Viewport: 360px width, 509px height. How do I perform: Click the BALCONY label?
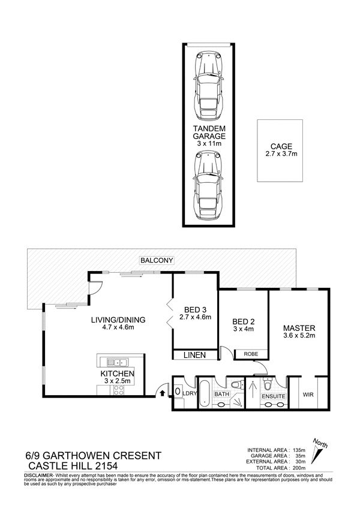tap(157, 260)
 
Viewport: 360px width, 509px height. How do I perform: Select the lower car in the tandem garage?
tap(208, 186)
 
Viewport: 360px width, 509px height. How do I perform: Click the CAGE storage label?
tap(281, 146)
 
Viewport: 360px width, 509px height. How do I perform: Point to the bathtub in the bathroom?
tap(205, 393)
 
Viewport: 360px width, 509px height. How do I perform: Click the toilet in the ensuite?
tap(268, 384)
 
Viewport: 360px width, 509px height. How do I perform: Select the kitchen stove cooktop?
tap(119, 390)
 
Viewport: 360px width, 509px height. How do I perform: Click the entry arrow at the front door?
tap(161, 393)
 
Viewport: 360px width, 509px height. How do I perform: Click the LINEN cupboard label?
tap(194, 355)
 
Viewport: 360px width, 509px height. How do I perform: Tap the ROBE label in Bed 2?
tap(251, 354)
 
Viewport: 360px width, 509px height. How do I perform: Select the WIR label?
tap(308, 394)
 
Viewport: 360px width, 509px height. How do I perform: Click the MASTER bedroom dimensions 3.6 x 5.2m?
tap(299, 336)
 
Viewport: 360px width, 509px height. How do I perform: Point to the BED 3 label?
tap(195, 310)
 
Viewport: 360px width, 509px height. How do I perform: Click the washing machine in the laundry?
tap(178, 391)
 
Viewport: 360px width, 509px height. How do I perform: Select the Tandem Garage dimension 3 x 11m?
tap(209, 143)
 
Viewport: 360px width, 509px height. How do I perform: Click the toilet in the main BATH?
tap(238, 384)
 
